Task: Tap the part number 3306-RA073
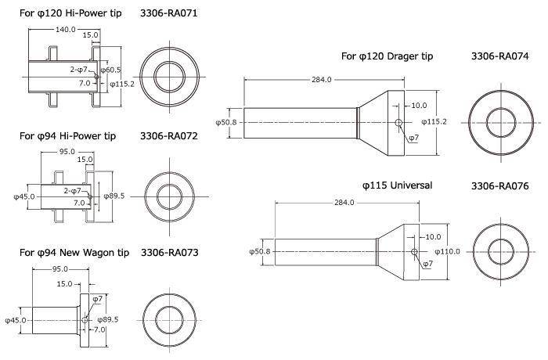point(169,253)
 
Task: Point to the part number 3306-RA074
point(500,56)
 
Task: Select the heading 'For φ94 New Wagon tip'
point(75,253)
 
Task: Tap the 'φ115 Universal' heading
point(398,185)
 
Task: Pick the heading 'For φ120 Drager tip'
point(387,56)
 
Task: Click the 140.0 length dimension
point(65,29)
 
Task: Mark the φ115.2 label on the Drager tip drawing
point(434,121)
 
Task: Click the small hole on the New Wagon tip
point(85,319)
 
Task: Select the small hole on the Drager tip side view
point(399,123)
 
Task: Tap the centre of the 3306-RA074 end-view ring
point(500,123)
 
